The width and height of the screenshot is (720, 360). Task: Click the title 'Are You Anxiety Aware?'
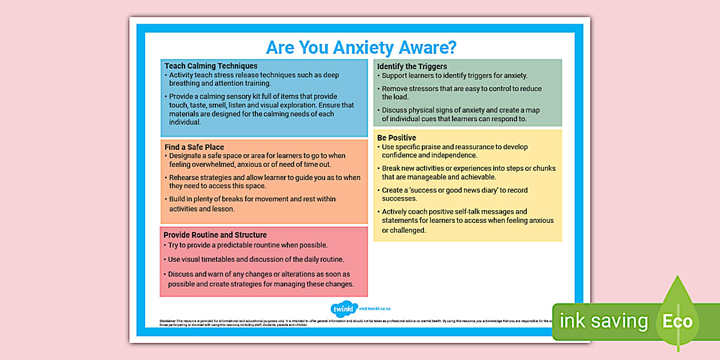[x=361, y=47]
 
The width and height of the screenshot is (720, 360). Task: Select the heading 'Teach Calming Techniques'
[x=211, y=66]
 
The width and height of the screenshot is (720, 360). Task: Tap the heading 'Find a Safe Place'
[x=194, y=147]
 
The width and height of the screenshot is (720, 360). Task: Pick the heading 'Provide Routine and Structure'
[x=215, y=235]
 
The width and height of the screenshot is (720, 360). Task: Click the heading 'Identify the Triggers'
[x=412, y=66]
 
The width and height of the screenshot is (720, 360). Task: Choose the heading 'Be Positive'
[x=397, y=138]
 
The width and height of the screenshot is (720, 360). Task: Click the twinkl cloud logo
[x=344, y=309]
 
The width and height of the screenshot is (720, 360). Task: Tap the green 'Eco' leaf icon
[x=678, y=320]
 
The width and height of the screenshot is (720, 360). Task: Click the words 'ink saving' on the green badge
[x=603, y=321]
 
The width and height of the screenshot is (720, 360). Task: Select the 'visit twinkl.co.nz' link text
[x=374, y=309]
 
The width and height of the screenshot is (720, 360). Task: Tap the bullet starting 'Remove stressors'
[x=462, y=93]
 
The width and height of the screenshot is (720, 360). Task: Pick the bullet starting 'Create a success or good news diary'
[x=455, y=194]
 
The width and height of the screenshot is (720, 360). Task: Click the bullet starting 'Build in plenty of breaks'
[x=253, y=204]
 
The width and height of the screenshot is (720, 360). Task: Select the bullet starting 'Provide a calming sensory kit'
[x=262, y=109]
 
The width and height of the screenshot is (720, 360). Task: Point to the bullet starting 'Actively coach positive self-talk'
[x=467, y=221]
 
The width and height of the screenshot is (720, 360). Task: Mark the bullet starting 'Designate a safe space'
[x=257, y=160]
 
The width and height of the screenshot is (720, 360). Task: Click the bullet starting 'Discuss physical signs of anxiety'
[x=461, y=114]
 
